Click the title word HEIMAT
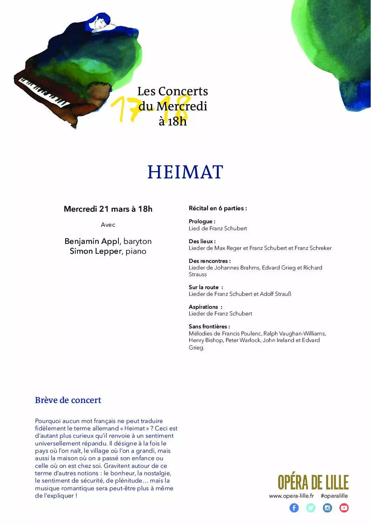coord(185,172)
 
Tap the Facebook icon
coord(294,508)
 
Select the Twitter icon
coord(311,508)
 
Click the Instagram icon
coord(327,508)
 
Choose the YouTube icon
coord(344,508)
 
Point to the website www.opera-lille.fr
coord(291,496)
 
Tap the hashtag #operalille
coord(334,496)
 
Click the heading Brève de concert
coord(68,400)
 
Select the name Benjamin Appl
coord(92,241)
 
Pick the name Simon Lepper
coord(95,251)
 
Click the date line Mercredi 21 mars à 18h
coord(108,209)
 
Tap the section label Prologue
coord(202,221)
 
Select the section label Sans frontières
coord(209,327)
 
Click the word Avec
coord(108,225)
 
